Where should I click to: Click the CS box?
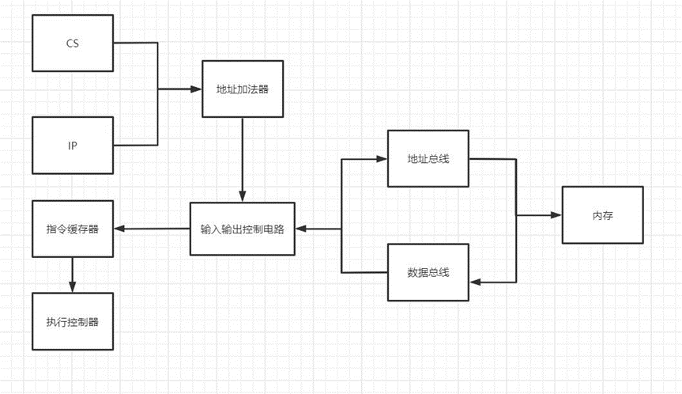[73, 43]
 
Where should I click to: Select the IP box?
[73, 146]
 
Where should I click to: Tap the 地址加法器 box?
[242, 89]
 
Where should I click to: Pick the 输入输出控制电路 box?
[242, 229]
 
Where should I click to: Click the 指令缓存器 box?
[73, 229]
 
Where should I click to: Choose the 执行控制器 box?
[73, 321]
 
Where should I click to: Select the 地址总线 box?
[428, 159]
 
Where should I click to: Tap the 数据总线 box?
[428, 273]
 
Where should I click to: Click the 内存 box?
[602, 215]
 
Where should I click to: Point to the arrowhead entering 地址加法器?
[198, 89]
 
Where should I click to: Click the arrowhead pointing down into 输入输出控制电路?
[242, 199]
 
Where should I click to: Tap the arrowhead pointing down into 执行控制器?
[73, 287]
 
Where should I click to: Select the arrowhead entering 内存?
[557, 215]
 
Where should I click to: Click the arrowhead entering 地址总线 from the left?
[382, 159]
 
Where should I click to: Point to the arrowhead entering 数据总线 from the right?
[474, 281]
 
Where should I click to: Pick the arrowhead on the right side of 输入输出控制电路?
[301, 229]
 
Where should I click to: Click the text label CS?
[73, 43]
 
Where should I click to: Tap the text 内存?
[602, 215]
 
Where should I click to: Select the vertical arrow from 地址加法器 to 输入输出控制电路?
[242, 158]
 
